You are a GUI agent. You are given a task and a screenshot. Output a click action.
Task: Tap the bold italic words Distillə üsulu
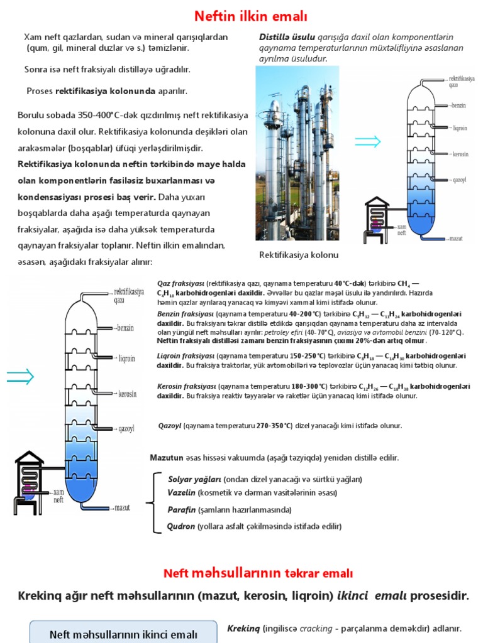pyautogui.click(x=279, y=37)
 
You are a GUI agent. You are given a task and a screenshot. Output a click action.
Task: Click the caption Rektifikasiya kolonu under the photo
pyautogui.click(x=299, y=255)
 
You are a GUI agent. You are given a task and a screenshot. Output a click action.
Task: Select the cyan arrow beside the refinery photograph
pyautogui.click(x=367, y=141)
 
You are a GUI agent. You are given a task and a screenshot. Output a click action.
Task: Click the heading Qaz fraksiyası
pyautogui.click(x=180, y=283)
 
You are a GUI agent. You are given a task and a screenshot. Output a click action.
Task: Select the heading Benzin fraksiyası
pyautogui.click(x=186, y=313)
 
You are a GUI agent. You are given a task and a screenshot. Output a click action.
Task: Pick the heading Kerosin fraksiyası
pyautogui.click(x=186, y=386)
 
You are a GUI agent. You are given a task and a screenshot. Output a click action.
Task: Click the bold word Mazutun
pyautogui.click(x=166, y=457)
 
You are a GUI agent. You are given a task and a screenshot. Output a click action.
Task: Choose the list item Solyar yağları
pyautogui.click(x=194, y=479)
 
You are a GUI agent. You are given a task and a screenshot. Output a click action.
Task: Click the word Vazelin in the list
pyautogui.click(x=182, y=493)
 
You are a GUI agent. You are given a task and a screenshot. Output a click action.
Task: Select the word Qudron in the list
pyautogui.click(x=181, y=526)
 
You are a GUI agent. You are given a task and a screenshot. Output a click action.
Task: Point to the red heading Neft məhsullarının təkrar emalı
pyautogui.click(x=258, y=573)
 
